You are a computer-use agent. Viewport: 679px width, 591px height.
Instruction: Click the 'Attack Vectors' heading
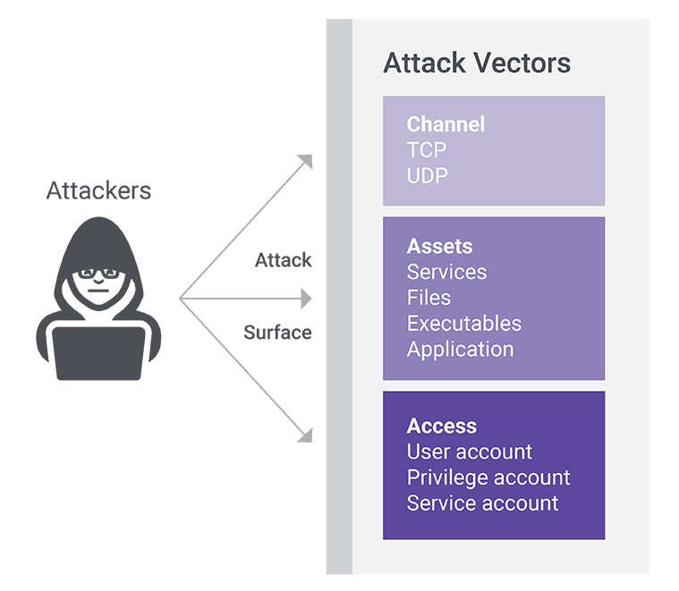(x=476, y=64)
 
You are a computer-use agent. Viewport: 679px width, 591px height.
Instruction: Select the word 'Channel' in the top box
(x=446, y=124)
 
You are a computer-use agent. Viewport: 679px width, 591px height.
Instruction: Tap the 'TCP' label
(x=427, y=149)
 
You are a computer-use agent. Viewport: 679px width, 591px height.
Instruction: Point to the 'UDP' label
(x=428, y=175)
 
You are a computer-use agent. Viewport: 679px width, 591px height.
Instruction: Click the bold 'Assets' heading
(x=439, y=246)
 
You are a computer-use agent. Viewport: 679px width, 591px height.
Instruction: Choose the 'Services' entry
(x=446, y=272)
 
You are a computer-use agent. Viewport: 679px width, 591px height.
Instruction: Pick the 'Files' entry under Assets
(x=429, y=298)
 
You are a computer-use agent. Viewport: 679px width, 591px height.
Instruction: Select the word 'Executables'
(x=463, y=323)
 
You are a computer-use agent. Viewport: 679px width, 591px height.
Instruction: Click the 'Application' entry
(x=460, y=349)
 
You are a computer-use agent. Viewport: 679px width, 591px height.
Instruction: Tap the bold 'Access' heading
(x=441, y=426)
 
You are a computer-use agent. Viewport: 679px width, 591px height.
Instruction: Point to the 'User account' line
(x=469, y=452)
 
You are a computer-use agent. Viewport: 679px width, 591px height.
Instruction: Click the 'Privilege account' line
(x=488, y=477)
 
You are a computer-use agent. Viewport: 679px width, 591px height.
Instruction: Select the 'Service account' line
(x=482, y=503)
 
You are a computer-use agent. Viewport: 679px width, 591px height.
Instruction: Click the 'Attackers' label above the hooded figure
(x=98, y=190)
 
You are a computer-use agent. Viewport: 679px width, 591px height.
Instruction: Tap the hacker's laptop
(x=98, y=352)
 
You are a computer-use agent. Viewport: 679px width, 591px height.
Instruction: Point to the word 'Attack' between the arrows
(x=284, y=260)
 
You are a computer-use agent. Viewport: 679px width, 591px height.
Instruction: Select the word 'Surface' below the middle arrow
(x=277, y=333)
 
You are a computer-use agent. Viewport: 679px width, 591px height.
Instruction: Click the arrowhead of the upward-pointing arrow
(x=306, y=161)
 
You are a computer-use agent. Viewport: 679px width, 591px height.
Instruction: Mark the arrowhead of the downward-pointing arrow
(x=306, y=435)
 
